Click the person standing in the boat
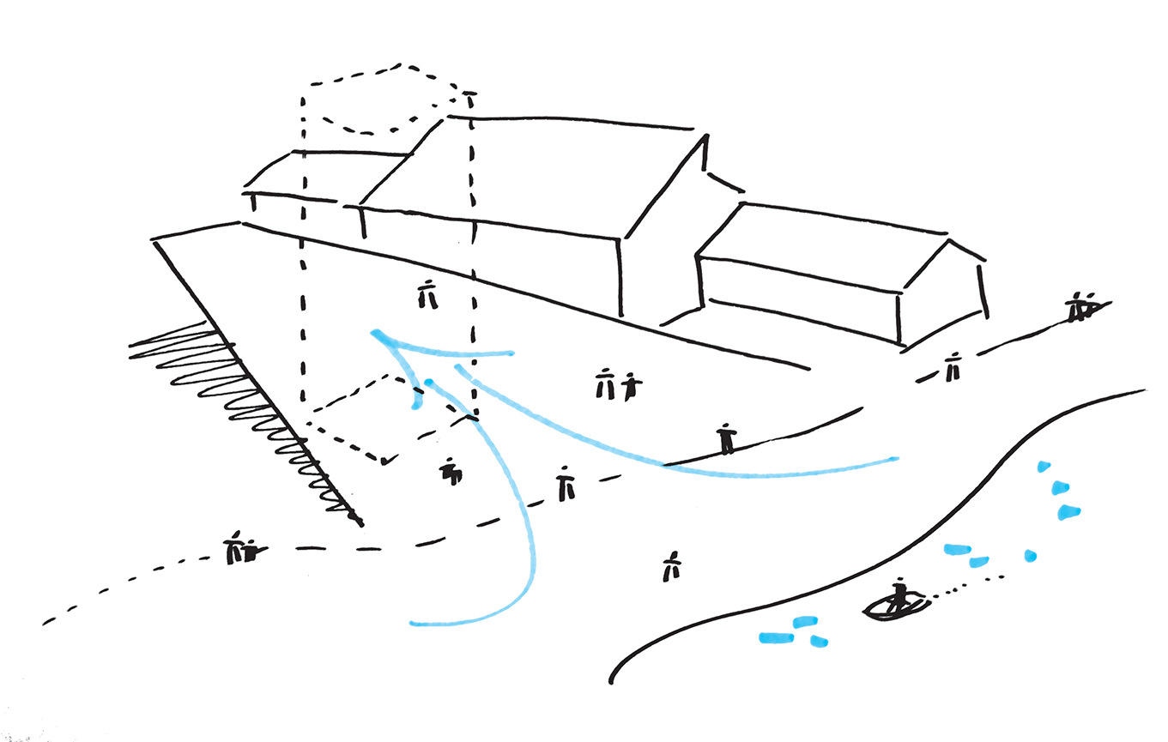pos(899,594)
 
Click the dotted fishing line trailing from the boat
pos(965,586)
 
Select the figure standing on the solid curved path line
pos(727,438)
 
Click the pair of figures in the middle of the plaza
pos(617,386)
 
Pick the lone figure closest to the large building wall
pos(427,294)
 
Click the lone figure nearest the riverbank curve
pos(671,566)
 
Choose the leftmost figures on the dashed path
pos(239,549)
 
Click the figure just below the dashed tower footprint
pos(451,470)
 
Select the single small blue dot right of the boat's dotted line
pos(1030,556)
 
